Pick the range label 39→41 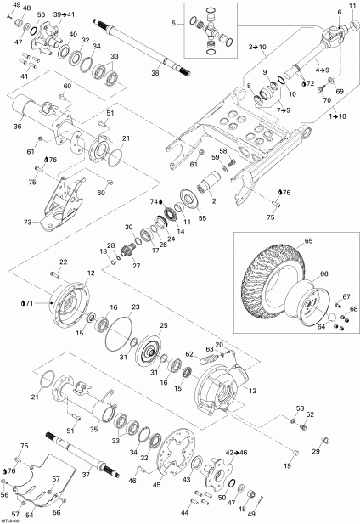coord(64,15)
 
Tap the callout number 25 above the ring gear coord(164,326)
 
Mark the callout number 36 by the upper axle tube coord(17,127)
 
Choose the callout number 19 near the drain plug coord(287,466)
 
